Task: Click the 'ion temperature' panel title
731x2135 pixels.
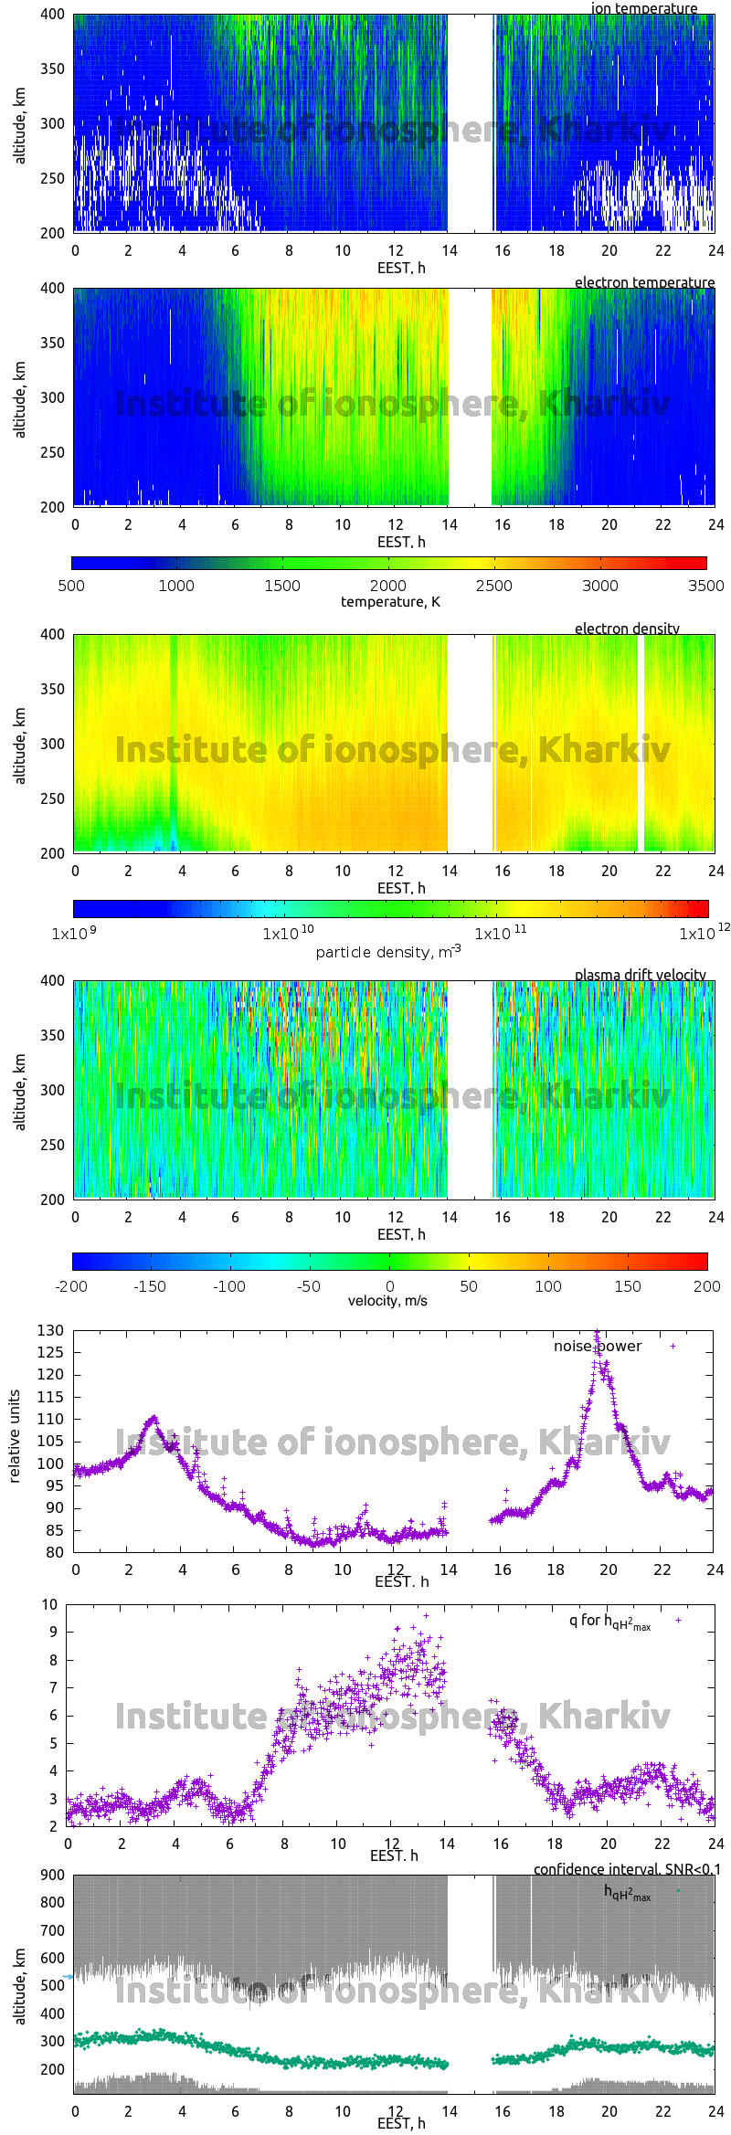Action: tap(643, 8)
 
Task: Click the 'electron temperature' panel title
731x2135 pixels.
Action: tap(644, 282)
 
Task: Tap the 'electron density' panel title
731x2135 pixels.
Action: tap(627, 629)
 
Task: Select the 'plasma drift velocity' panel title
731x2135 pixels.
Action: tap(640, 975)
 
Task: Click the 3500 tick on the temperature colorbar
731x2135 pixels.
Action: tap(705, 586)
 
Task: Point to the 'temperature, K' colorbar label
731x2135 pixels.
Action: tap(390, 602)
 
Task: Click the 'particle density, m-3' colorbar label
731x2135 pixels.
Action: tap(387, 952)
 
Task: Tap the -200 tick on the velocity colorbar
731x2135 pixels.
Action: tap(71, 1286)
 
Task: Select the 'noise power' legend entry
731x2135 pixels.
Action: tap(598, 1346)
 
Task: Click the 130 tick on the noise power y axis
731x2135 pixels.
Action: tap(51, 1330)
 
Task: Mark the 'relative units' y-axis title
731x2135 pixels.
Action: tap(15, 1436)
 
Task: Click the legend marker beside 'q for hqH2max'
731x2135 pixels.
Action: tap(678, 1620)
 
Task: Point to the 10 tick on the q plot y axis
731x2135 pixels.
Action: tap(49, 1604)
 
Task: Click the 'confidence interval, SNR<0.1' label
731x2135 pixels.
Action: tap(627, 1870)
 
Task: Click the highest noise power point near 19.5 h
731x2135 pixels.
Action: tap(597, 1333)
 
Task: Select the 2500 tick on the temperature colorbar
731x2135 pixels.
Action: tap(493, 586)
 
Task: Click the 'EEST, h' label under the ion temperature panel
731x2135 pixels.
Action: tap(401, 268)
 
